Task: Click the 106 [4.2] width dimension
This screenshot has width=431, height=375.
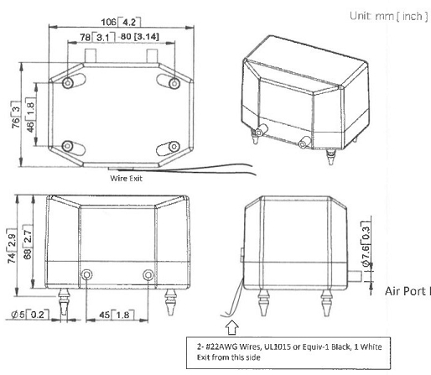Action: (x=121, y=22)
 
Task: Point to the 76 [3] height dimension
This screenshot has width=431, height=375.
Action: (x=16, y=115)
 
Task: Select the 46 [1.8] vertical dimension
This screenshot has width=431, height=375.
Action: (x=30, y=115)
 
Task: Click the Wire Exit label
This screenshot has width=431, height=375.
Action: (x=126, y=179)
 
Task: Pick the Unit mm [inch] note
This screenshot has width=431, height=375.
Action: (x=389, y=16)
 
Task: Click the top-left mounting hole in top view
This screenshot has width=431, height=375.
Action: (x=68, y=83)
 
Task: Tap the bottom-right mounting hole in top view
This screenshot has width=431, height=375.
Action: (x=174, y=146)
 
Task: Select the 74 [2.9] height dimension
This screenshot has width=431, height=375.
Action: (x=12, y=246)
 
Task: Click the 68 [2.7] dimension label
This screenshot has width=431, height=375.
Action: (x=28, y=242)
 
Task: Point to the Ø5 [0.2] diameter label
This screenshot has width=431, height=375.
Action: (x=30, y=315)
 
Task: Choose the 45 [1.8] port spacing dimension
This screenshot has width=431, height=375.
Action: (x=117, y=315)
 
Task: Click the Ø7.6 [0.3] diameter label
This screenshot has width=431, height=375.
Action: (x=366, y=243)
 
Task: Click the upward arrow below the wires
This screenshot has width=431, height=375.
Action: (x=232, y=327)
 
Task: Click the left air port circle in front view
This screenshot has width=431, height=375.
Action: (x=86, y=274)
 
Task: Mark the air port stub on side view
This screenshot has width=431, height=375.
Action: (x=355, y=276)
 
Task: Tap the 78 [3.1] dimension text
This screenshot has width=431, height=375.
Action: (x=97, y=37)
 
